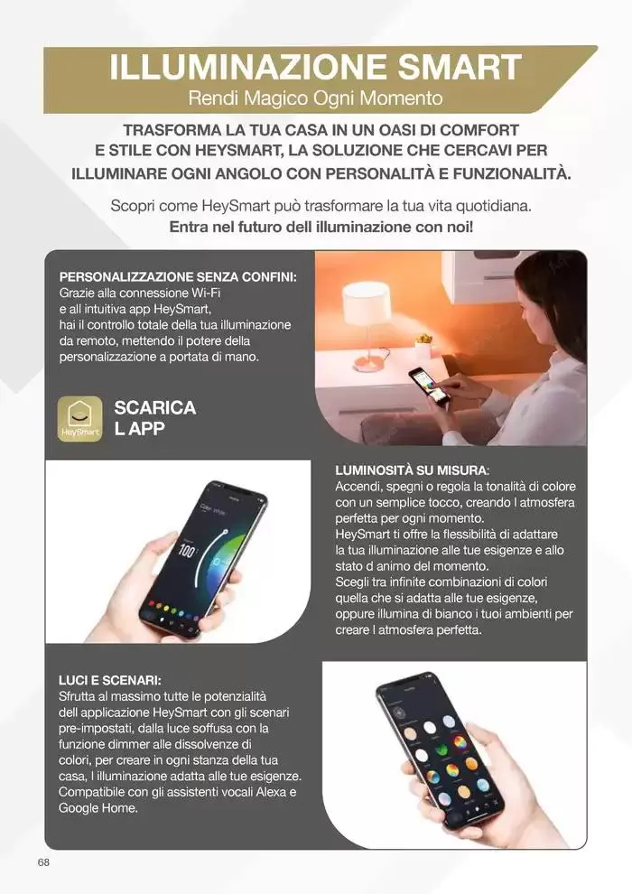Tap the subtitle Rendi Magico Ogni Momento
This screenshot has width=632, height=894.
pyautogui.click(x=315, y=97)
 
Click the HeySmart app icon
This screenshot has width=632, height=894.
pyautogui.click(x=79, y=419)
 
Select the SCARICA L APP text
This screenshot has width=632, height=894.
pyautogui.click(x=154, y=418)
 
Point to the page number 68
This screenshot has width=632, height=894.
pyautogui.click(x=43, y=862)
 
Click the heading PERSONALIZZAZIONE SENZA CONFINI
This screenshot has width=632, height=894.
pyautogui.click(x=178, y=276)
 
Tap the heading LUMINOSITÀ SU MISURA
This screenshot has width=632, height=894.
pyautogui.click(x=412, y=470)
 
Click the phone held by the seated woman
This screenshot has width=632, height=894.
pyautogui.click(x=428, y=383)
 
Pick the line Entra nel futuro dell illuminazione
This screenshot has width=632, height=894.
pyautogui.click(x=321, y=228)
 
